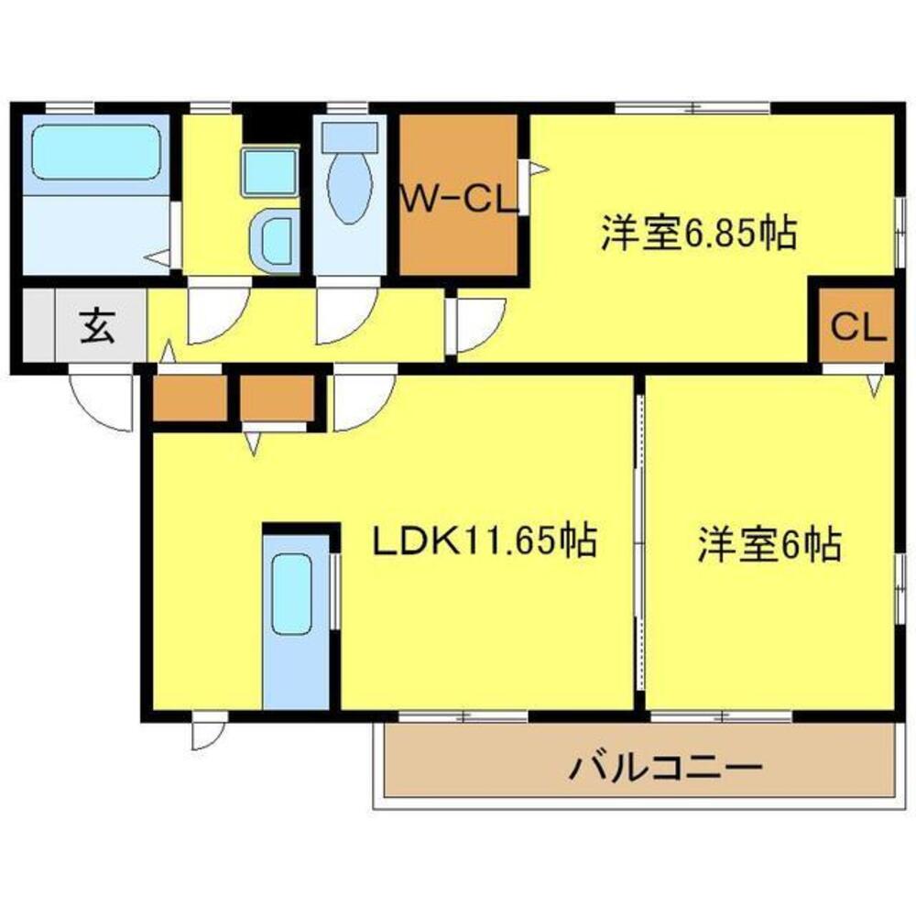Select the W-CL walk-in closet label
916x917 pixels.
point(457,198)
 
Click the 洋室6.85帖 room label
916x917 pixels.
point(697,235)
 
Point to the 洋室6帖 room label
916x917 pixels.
point(769,546)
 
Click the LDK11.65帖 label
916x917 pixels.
point(485,540)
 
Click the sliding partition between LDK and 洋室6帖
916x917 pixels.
point(639,540)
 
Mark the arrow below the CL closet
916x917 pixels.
point(876,384)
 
